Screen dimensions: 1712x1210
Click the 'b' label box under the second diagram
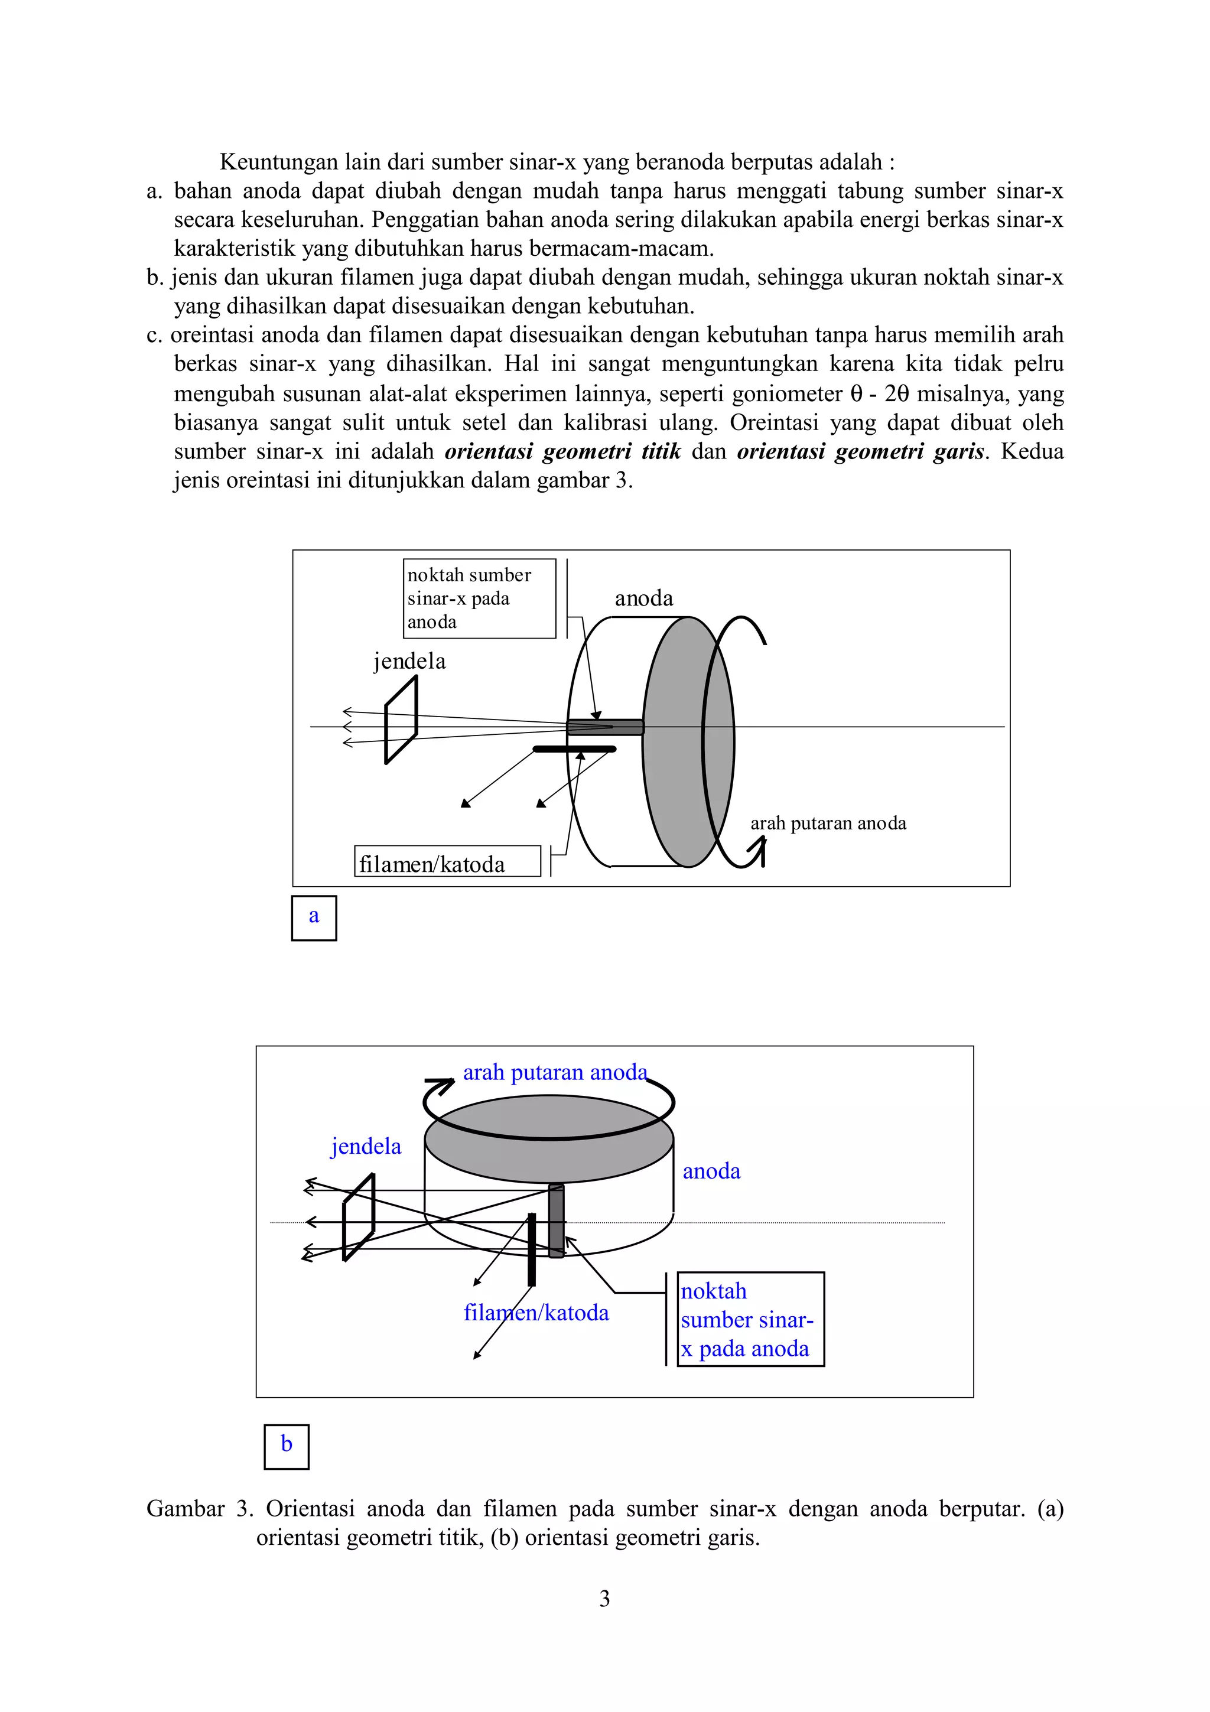[x=287, y=1447]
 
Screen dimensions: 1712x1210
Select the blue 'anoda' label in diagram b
[x=711, y=1171]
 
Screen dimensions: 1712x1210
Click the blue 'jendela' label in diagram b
[x=365, y=1146]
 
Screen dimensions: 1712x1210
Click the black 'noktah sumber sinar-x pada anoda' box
[x=479, y=598]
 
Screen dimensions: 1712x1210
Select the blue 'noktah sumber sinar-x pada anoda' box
[x=750, y=1319]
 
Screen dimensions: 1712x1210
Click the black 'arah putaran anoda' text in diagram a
[x=828, y=823]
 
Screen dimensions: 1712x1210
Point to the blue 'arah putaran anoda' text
[x=555, y=1072]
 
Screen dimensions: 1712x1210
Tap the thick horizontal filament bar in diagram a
[x=574, y=748]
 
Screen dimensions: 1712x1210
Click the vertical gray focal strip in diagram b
[x=556, y=1220]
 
